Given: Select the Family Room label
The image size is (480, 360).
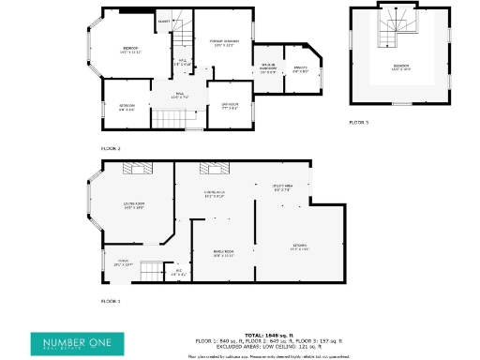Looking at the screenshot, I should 223,253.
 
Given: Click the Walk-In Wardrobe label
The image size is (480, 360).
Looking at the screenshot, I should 268,67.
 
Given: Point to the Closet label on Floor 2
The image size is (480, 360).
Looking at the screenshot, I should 164,21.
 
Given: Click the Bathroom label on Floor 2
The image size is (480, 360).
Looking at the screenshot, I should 230,105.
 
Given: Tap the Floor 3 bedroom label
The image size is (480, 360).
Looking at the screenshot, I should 401,67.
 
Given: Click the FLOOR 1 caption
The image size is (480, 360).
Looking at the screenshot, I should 111,301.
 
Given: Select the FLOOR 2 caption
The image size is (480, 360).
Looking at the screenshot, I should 111,148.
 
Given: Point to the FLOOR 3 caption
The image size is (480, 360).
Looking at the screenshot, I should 359,122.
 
